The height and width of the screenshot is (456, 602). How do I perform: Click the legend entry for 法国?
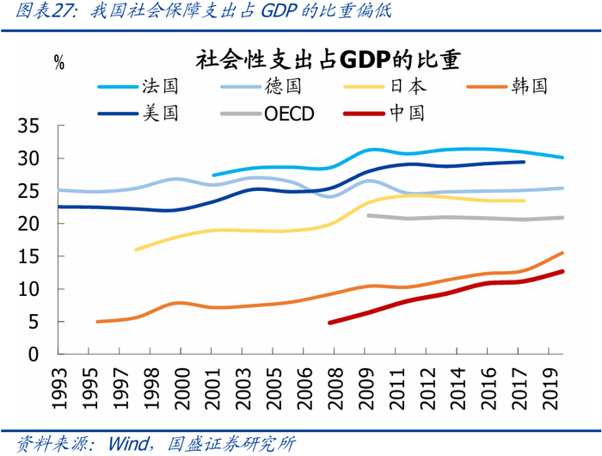138,86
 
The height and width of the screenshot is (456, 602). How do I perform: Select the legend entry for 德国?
261,86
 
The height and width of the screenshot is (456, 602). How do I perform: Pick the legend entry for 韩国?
507,86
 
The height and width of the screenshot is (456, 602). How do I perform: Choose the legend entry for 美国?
138,114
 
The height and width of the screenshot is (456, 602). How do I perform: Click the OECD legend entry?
267,114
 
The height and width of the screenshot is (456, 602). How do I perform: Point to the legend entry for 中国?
384,114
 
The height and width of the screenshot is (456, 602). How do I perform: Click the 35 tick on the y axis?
28,126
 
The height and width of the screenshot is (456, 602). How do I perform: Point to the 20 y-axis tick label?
28,224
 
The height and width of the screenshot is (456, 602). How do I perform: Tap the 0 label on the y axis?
34,354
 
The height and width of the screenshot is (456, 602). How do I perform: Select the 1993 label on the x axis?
58,389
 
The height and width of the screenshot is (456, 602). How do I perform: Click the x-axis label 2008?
335,389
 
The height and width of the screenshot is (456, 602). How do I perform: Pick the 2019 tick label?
550,389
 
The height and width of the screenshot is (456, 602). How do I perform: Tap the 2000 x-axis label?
181,389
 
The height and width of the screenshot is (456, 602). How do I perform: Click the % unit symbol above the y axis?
59,63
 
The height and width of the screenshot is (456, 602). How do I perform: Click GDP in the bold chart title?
365,60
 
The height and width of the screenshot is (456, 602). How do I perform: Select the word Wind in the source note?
128,444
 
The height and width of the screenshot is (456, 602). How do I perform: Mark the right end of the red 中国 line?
562,272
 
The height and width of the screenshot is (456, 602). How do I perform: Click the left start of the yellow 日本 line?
136,250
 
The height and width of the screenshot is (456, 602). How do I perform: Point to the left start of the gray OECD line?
368,215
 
